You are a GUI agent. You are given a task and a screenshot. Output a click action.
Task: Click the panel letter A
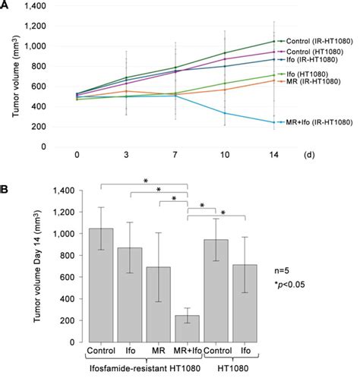click(x=5, y=5)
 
